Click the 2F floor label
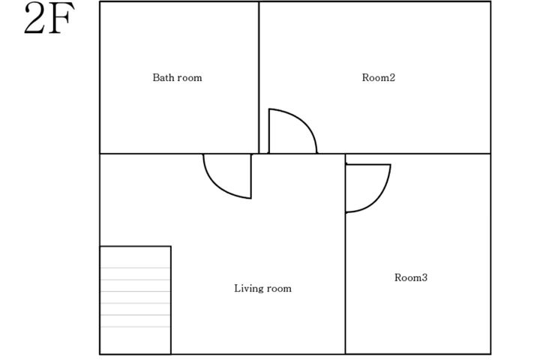click(49, 18)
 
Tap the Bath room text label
click(177, 77)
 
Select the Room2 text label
click(379, 77)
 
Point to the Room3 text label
click(411, 277)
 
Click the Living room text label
click(262, 288)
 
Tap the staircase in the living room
click(135, 300)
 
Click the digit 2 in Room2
click(391, 77)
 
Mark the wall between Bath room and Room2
click(259, 77)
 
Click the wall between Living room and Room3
click(346, 254)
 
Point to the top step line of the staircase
click(135, 268)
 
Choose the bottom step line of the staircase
click(135, 326)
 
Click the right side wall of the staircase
click(171, 300)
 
